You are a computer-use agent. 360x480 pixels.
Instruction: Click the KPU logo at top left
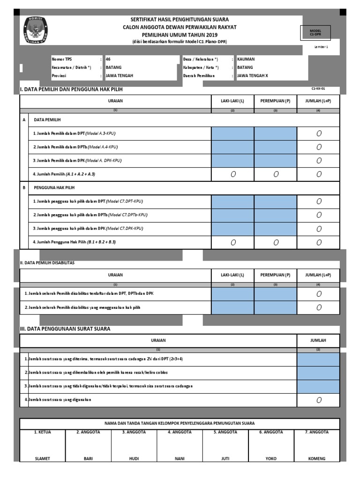click(x=35, y=30)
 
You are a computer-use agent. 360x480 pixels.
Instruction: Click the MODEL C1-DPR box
click(x=315, y=32)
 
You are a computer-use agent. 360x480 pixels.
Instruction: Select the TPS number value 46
click(x=108, y=60)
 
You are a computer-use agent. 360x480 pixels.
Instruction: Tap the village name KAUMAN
click(x=246, y=60)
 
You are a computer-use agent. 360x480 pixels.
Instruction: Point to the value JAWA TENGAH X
click(x=253, y=75)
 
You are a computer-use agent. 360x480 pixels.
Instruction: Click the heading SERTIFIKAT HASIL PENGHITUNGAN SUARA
click(x=180, y=19)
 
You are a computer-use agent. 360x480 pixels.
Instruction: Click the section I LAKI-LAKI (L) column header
click(x=232, y=101)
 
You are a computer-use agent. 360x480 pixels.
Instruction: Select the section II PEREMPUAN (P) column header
click(x=275, y=275)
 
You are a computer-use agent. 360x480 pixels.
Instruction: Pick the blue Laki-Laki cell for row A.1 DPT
click(x=232, y=134)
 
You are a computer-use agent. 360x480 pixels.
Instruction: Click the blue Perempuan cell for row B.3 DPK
click(x=275, y=228)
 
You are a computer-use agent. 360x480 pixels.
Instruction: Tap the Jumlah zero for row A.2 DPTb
click(x=319, y=147)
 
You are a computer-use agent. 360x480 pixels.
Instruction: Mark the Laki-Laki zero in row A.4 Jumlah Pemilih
click(x=232, y=174)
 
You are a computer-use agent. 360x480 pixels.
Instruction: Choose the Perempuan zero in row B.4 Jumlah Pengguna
click(x=275, y=242)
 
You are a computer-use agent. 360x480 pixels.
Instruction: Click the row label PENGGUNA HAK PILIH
click(x=53, y=187)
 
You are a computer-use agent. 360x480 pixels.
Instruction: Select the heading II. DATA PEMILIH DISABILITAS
click(x=47, y=263)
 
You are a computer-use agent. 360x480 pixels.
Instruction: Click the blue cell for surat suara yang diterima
click(x=318, y=359)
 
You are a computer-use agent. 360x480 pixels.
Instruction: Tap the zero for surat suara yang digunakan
click(x=319, y=400)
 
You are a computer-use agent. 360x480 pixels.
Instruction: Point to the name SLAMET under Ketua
click(x=42, y=459)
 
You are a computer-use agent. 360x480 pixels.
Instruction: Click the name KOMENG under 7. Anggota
click(x=316, y=459)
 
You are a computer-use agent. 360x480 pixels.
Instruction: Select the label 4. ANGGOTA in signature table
click(x=180, y=432)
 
